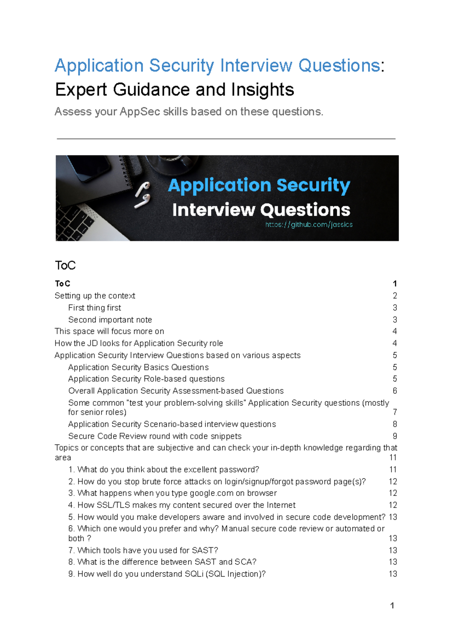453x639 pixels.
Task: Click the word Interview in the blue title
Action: pos(256,66)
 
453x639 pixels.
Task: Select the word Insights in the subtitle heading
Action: pos(262,90)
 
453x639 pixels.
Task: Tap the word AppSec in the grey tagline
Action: pos(140,112)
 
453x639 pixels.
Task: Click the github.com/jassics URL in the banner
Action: pos(309,224)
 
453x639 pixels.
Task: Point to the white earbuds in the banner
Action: pos(143,195)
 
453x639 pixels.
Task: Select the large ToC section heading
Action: pos(65,266)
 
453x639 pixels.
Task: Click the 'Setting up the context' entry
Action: pos(95,296)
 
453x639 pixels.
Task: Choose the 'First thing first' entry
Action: pos(94,308)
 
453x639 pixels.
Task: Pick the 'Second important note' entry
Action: pos(110,320)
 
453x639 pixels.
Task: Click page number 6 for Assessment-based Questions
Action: pos(394,391)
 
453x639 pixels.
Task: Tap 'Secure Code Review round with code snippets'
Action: pos(155,436)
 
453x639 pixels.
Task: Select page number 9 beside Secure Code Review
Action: pos(394,436)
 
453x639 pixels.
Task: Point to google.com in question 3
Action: pos(211,493)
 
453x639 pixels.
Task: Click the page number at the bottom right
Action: pos(392,606)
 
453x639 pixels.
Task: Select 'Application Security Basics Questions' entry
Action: pos(138,367)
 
